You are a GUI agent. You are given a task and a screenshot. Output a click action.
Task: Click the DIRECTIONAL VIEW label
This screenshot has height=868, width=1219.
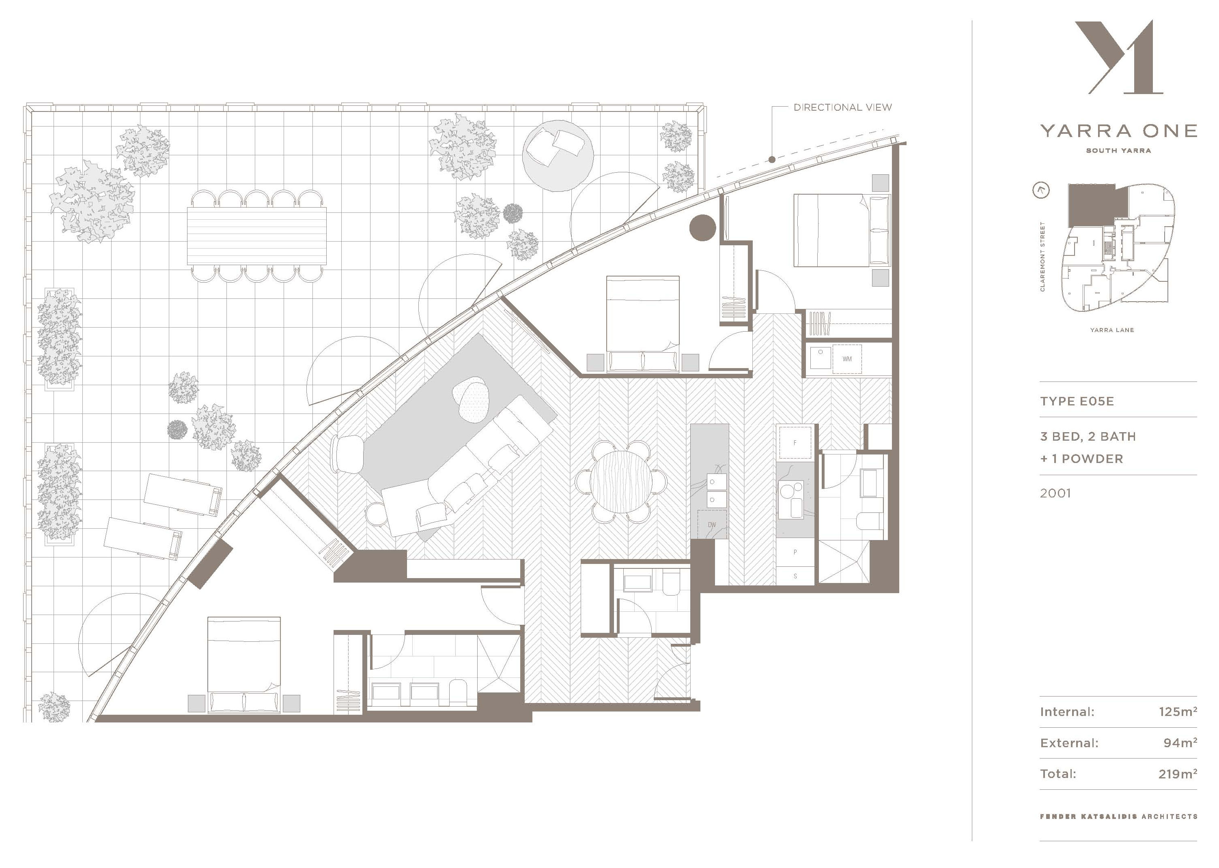tap(842, 107)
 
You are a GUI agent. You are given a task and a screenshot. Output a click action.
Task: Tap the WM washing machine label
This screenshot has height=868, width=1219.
tap(847, 359)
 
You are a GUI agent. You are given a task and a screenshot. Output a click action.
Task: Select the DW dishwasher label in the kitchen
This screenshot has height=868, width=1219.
tap(711, 525)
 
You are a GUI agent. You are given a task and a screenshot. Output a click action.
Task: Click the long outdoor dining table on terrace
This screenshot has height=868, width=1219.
tap(257, 236)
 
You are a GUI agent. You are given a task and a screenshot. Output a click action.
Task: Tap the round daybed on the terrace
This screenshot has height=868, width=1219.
tap(558, 156)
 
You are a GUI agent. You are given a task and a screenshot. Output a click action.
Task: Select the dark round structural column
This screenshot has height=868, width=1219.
tap(702, 228)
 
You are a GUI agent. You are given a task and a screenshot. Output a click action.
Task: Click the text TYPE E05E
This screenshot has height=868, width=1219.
tap(1077, 401)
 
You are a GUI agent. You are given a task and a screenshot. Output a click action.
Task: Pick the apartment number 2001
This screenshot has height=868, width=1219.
tap(1055, 493)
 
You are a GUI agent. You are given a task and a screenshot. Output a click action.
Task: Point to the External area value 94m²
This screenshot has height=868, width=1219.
tap(1180, 742)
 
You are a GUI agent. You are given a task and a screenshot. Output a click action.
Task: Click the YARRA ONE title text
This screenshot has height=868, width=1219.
tap(1118, 131)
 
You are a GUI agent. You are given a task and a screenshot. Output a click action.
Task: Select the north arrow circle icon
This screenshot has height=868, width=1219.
tap(1041, 190)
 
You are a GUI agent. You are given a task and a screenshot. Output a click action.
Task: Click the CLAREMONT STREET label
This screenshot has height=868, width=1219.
tap(1042, 257)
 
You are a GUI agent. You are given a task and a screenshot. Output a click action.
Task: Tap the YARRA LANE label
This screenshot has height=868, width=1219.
tap(1112, 330)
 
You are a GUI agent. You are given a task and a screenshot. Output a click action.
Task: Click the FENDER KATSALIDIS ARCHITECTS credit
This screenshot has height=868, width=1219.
tap(1118, 816)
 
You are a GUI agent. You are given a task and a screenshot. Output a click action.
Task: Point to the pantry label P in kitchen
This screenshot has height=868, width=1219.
tap(795, 552)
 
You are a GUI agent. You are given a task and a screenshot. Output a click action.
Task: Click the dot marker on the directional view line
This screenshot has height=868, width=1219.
tap(772, 159)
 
